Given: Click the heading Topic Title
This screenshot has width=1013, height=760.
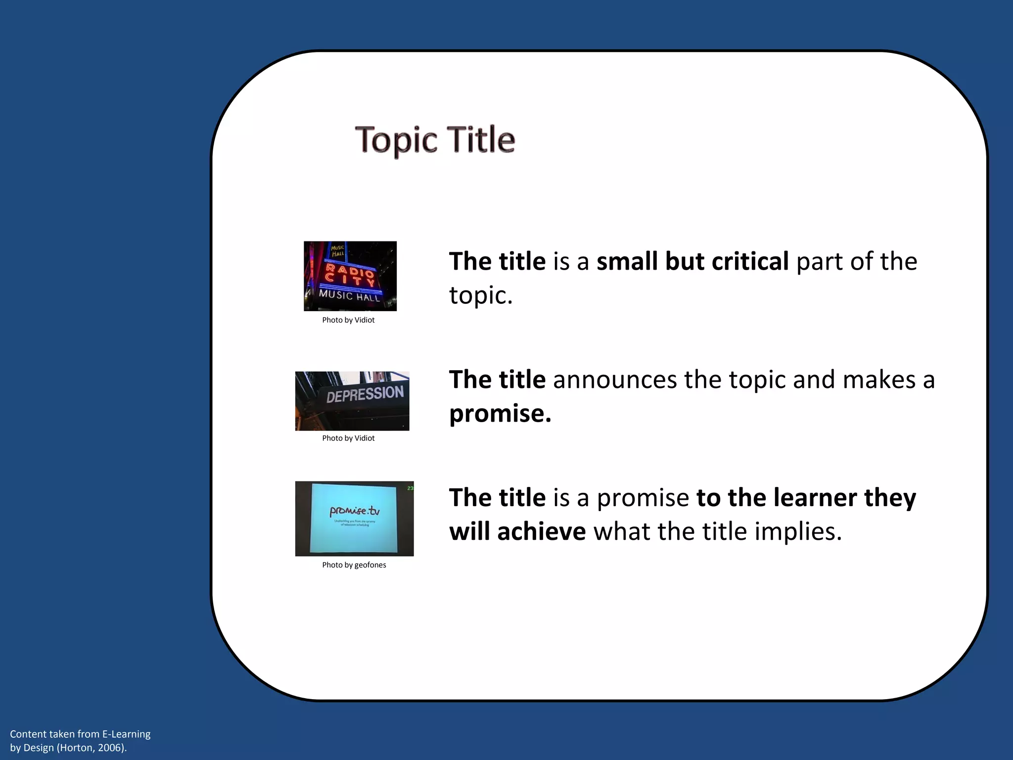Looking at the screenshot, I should (x=435, y=140).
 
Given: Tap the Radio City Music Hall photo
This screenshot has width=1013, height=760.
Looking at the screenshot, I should (x=350, y=276).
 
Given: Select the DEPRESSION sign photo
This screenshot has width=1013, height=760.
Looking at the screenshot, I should (x=352, y=401).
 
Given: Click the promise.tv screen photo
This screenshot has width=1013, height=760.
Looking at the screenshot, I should (x=354, y=519).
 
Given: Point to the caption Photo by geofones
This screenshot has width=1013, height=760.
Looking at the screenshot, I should (x=354, y=565).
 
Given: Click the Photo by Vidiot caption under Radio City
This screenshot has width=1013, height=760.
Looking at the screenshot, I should (x=348, y=320).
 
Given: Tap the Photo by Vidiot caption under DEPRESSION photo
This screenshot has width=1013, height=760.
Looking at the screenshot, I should (x=348, y=438).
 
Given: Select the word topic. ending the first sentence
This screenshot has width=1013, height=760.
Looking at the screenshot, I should (x=481, y=296).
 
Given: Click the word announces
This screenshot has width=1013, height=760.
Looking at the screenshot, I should (x=615, y=380).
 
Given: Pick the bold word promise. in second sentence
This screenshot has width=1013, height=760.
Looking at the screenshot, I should (x=500, y=414).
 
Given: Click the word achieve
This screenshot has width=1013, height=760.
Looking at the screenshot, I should (x=542, y=532).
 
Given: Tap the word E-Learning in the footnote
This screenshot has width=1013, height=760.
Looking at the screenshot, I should (x=126, y=734).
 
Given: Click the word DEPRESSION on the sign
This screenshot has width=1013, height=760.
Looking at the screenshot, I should (x=365, y=395).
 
